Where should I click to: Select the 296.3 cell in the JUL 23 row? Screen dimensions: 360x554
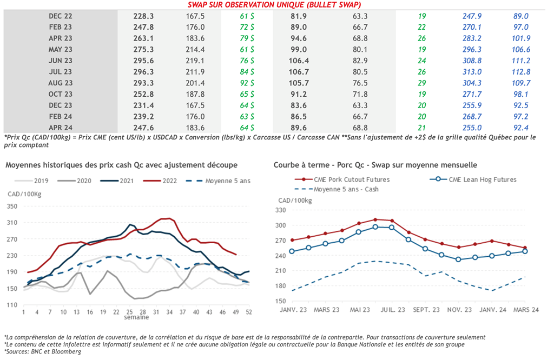tap(143, 72)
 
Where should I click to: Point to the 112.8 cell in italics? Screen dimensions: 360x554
tap(522, 72)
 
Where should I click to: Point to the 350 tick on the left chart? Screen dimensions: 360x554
tap(11, 206)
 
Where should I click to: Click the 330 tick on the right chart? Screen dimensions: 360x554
tap(281, 210)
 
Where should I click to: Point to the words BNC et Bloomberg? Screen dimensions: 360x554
tap(60, 351)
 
